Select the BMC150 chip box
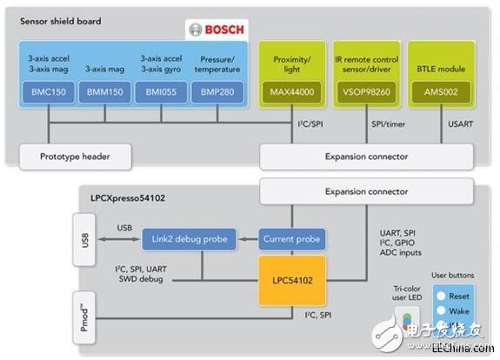(x=50, y=90)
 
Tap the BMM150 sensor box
(x=104, y=90)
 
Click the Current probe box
(x=290, y=238)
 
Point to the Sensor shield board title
(x=63, y=20)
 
